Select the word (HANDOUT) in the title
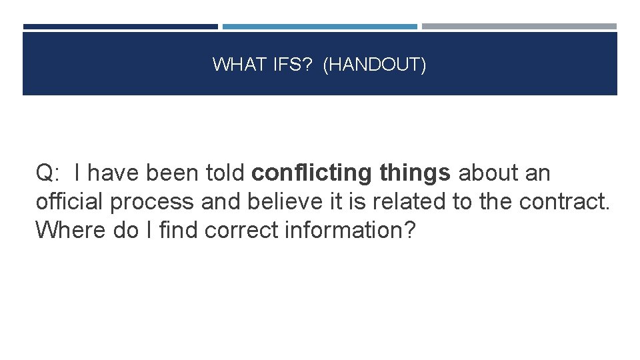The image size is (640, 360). coord(374,65)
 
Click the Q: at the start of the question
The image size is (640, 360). coord(49,173)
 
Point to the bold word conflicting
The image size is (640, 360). coord(311,173)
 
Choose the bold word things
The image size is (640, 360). coord(415,173)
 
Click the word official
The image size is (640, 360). coord(69,201)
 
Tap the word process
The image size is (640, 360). coord(152,201)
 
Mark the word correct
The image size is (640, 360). coord(241,230)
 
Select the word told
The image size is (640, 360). coord(225,173)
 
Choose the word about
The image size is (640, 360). coord(489,173)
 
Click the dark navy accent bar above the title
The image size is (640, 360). coord(120,27)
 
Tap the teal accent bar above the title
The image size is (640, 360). coord(319,27)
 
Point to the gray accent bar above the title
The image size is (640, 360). coord(519,27)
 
